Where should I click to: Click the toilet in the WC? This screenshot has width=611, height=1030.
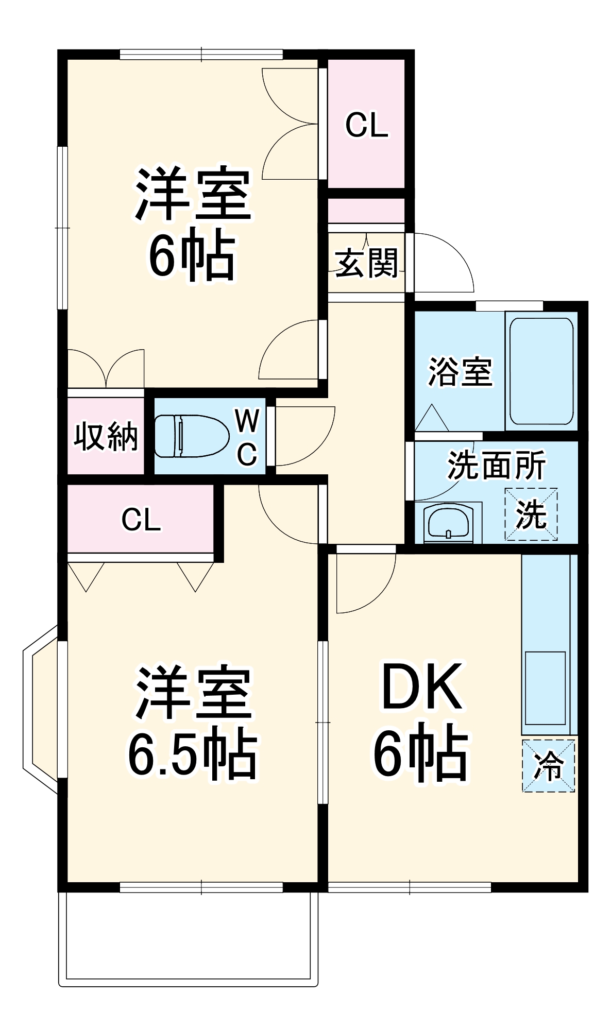point(191,436)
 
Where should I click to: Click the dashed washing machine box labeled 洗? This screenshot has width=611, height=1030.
point(531,514)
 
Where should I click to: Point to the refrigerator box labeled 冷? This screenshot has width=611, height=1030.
point(548,766)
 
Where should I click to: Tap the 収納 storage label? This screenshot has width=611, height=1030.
point(106,437)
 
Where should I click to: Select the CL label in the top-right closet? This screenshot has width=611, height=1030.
point(366,125)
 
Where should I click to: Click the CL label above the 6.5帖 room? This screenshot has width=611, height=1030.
point(141,520)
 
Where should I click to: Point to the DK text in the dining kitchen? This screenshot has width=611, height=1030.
point(420,688)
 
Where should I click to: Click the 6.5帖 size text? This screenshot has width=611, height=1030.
point(192,756)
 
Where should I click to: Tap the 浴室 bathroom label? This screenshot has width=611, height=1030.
point(460,371)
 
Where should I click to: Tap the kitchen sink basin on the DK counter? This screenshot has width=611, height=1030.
point(545,688)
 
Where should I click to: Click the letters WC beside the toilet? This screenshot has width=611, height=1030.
point(247,437)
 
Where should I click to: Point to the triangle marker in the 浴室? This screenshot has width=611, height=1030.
point(432,418)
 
